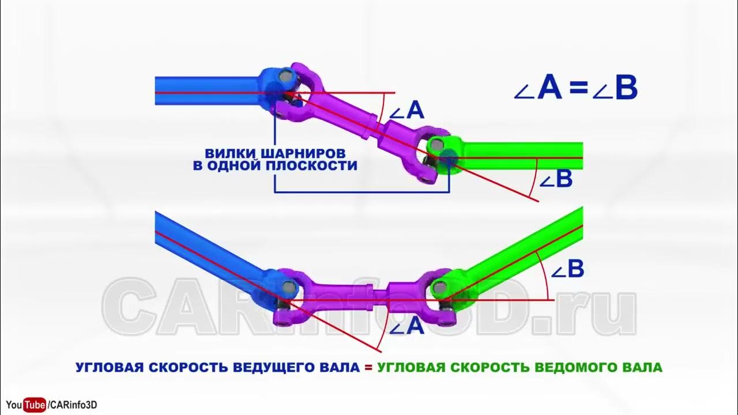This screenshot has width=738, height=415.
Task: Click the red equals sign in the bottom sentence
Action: pos(368,367)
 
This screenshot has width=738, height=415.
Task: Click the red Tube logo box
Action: pos(35,405)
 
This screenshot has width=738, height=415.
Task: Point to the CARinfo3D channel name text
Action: pos(74,405)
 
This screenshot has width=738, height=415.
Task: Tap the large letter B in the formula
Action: pos(626,89)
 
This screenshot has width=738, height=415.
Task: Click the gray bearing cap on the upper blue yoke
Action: pos(285,76)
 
